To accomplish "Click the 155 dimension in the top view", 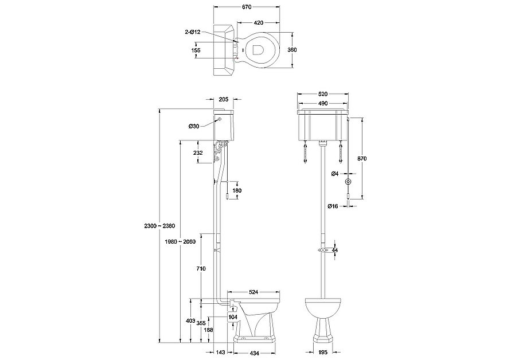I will click(x=196, y=50).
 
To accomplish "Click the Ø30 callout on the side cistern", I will click(x=193, y=126).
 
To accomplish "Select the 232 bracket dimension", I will click(x=198, y=152).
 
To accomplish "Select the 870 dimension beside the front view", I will click(x=362, y=158).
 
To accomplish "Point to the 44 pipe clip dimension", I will click(x=336, y=251).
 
